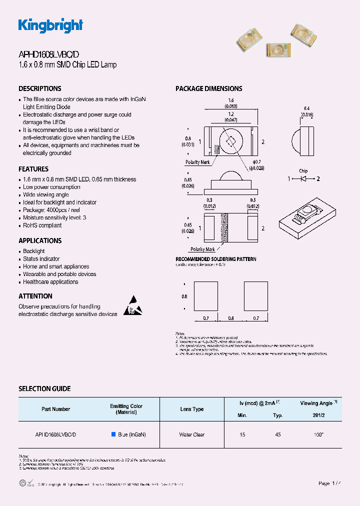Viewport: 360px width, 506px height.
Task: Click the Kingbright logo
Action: click(50, 25)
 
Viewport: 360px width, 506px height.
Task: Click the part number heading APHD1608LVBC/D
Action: click(48, 55)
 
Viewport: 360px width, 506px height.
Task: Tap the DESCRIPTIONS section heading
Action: click(40, 88)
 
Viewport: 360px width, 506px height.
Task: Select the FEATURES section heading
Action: click(33, 169)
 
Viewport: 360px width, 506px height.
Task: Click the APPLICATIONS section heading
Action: click(40, 240)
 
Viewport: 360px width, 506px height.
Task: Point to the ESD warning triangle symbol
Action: click(132, 305)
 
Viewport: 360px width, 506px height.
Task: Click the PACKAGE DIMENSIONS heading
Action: click(208, 88)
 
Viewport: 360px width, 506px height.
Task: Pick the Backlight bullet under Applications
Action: click(33, 251)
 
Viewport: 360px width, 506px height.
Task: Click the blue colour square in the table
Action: click(113, 434)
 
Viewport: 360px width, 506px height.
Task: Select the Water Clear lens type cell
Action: click(192, 434)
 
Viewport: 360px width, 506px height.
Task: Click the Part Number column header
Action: click(56, 409)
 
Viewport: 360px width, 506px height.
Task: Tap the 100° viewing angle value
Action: click(318, 434)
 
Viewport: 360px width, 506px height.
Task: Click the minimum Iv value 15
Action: click(242, 434)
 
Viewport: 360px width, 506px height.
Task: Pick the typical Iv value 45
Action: click(278, 434)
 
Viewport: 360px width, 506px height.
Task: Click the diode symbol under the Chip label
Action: click(303, 178)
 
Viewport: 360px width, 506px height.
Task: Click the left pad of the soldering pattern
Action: click(205, 296)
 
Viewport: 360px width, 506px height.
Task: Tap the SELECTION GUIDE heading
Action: click(44, 388)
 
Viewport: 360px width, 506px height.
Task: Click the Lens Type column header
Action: click(192, 409)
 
